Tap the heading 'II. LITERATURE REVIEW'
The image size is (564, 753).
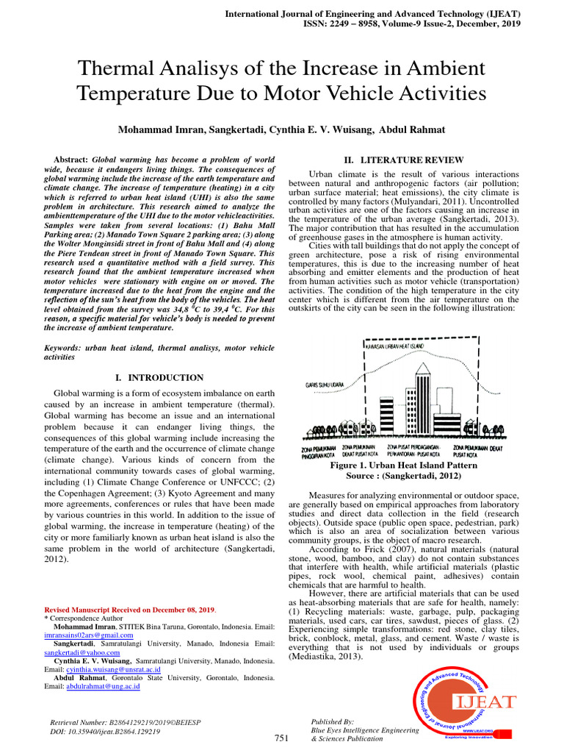pos(404,160)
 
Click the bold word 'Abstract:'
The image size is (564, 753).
pos(71,160)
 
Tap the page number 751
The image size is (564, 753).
pos(281,738)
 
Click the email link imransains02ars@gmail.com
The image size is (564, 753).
pos(89,635)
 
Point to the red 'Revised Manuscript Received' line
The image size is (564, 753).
pos(130,610)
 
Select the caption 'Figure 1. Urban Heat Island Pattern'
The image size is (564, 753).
pos(404,465)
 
